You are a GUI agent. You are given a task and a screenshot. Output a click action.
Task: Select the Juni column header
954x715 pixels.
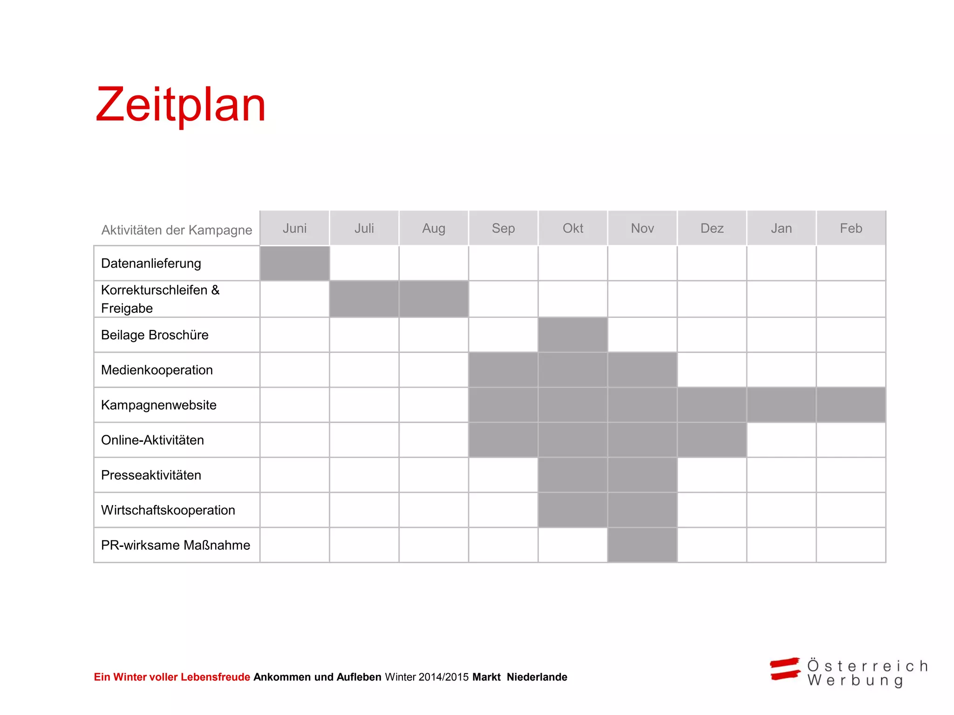[x=294, y=228]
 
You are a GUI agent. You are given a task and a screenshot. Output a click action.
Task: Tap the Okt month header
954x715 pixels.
[x=572, y=228]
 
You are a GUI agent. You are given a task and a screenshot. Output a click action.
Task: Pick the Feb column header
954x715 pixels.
[x=851, y=228]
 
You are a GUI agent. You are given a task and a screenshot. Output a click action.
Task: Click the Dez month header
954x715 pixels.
[x=712, y=228]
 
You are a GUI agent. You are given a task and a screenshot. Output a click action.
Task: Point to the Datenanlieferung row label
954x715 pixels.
[x=151, y=263]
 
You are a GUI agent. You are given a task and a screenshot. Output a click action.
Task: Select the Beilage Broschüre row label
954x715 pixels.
[x=155, y=335]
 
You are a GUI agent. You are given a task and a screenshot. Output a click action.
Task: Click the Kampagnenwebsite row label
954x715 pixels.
[x=158, y=405]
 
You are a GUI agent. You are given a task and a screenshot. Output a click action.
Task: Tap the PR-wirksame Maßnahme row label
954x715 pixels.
[x=176, y=545]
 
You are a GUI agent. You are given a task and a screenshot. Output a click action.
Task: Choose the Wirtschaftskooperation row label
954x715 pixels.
[x=168, y=510]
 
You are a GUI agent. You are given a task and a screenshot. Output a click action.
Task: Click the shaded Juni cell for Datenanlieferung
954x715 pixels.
[x=294, y=263]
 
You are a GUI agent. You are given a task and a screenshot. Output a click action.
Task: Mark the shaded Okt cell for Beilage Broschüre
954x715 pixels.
[x=572, y=335]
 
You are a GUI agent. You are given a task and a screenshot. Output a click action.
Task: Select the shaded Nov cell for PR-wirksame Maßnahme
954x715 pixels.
[x=642, y=545]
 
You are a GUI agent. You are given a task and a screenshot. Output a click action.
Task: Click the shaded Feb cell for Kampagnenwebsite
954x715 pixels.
[x=851, y=405]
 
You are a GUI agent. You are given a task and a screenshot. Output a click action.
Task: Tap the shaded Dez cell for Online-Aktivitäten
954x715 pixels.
[x=712, y=440]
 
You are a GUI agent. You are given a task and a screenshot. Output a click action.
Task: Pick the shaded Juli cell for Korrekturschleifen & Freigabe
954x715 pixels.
[x=364, y=299]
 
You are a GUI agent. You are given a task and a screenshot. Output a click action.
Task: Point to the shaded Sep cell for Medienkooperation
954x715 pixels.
[x=503, y=370]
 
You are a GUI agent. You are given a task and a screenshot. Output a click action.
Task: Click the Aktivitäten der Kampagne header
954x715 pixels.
[x=177, y=230]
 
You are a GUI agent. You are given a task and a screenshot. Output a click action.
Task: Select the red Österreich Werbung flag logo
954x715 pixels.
[x=785, y=669]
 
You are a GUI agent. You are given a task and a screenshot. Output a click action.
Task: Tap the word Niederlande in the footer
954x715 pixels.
[x=537, y=677]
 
